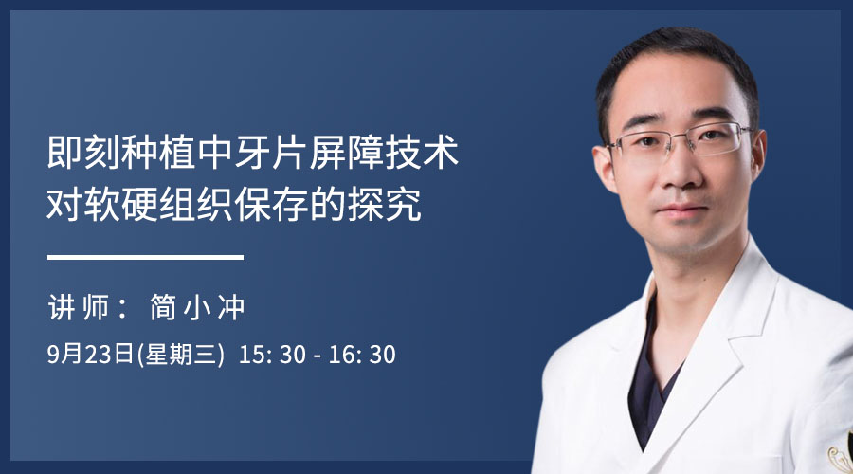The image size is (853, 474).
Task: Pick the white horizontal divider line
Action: (145, 258)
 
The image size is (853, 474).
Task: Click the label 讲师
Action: (79, 307)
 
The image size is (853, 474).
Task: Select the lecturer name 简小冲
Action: (197, 307)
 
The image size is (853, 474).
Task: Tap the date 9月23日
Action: (90, 355)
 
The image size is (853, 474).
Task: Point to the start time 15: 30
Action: (273, 355)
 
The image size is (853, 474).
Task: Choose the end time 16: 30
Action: (362, 355)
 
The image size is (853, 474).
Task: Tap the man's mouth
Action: (682, 209)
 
